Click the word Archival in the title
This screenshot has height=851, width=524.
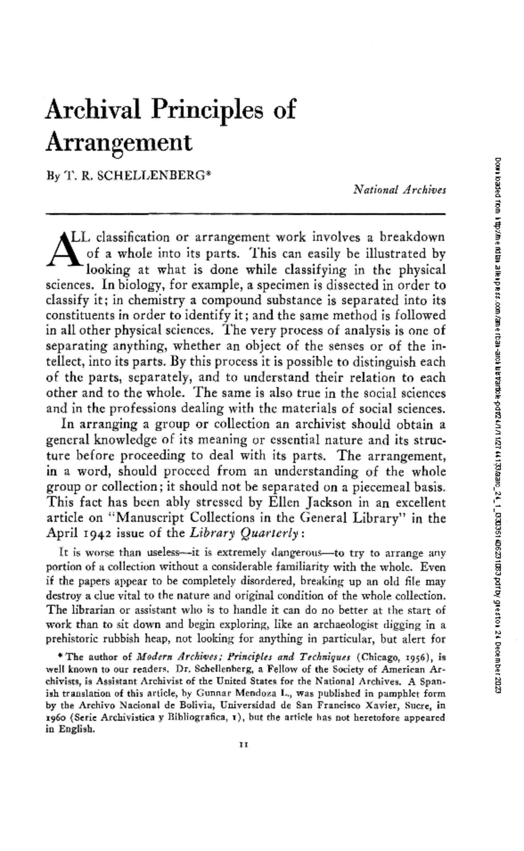coord(93,110)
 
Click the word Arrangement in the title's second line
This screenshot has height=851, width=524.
coord(119,142)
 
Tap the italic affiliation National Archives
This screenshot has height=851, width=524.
coord(400,190)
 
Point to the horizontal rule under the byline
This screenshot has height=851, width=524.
coord(245,213)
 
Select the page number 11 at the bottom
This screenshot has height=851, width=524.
coord(244,746)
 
